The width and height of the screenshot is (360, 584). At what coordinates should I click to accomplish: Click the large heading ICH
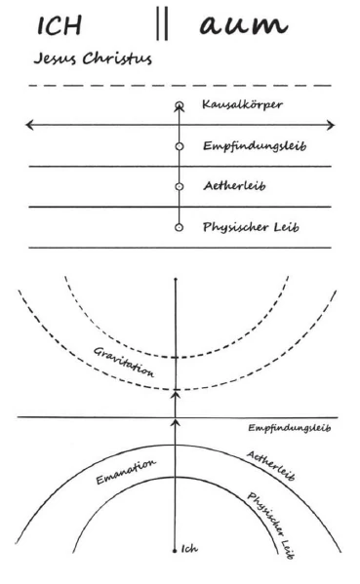pyautogui.click(x=60, y=25)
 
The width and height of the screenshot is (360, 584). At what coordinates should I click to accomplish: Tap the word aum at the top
pyautogui.click(x=244, y=25)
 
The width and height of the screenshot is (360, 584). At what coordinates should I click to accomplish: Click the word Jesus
pyautogui.click(x=56, y=58)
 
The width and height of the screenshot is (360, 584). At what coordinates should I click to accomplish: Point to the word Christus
pyautogui.click(x=117, y=58)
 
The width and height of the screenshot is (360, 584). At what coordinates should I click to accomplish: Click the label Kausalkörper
pyautogui.click(x=242, y=104)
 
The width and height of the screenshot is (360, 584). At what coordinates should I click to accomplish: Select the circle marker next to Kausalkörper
pyautogui.click(x=180, y=105)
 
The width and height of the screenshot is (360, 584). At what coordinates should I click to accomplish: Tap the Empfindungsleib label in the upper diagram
pyautogui.click(x=255, y=145)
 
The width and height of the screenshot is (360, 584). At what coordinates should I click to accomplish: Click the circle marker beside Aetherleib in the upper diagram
pyautogui.click(x=180, y=186)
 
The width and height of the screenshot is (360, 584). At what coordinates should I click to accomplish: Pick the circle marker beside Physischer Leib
pyautogui.click(x=180, y=227)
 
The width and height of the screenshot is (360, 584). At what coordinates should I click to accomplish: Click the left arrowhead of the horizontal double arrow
pyautogui.click(x=30, y=125)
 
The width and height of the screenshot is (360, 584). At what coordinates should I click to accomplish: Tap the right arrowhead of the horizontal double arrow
pyautogui.click(x=330, y=125)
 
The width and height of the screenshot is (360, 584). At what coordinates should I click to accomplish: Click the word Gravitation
pyautogui.click(x=123, y=362)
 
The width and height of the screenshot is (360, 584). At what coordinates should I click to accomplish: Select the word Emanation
pyautogui.click(x=126, y=472)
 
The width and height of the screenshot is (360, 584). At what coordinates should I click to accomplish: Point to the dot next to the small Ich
pyautogui.click(x=175, y=551)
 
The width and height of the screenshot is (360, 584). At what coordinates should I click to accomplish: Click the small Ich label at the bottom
pyautogui.click(x=189, y=549)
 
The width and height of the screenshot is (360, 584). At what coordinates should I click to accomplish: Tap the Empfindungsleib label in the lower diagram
pyautogui.click(x=290, y=428)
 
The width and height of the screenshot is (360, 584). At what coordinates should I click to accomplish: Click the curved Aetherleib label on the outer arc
pyautogui.click(x=271, y=466)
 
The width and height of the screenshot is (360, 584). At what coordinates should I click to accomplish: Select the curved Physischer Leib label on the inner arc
pyautogui.click(x=271, y=526)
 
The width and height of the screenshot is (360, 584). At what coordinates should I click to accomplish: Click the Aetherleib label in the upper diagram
pyautogui.click(x=234, y=185)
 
